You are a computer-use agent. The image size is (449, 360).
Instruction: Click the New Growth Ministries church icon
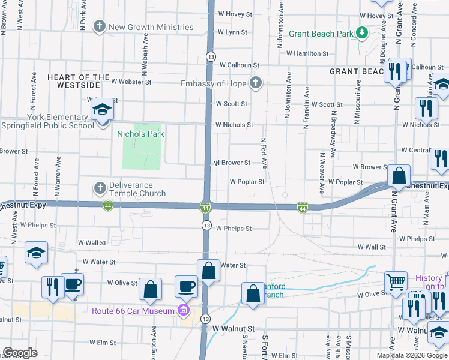[x=99, y=27]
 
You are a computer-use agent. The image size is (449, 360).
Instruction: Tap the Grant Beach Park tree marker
[x=362, y=32]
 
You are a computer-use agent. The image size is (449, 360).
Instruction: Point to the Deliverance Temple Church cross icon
[x=100, y=188]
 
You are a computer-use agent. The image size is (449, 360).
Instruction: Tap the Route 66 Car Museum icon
[x=184, y=310]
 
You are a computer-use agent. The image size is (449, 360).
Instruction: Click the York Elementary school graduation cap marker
[x=103, y=110]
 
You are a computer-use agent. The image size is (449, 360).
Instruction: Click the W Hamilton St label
[x=308, y=53]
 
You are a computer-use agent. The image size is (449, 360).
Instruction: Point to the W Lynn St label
[x=232, y=32]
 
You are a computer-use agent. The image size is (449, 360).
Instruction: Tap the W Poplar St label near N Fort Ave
[x=247, y=181]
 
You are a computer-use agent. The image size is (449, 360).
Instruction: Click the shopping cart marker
[x=396, y=281]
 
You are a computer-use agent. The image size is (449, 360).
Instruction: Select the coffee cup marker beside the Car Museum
[x=186, y=286]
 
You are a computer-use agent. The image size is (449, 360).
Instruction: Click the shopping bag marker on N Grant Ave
[x=399, y=176]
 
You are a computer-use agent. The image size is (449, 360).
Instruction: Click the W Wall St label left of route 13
[x=92, y=243]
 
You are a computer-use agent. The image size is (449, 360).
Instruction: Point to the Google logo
[x=20, y=353]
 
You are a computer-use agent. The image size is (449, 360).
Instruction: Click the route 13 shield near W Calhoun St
[x=209, y=56]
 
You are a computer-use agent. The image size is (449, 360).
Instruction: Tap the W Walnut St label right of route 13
[x=235, y=329]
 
